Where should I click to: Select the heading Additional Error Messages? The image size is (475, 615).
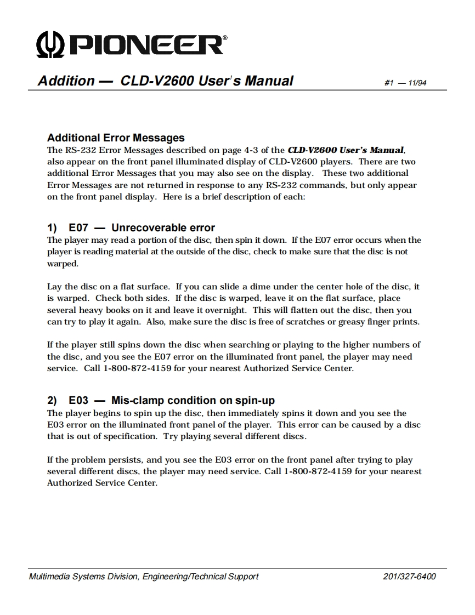point(116,138)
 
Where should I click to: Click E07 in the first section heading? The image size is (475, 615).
point(78,227)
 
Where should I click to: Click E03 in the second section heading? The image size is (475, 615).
point(78,401)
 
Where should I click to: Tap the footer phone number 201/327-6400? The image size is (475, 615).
point(410,577)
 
